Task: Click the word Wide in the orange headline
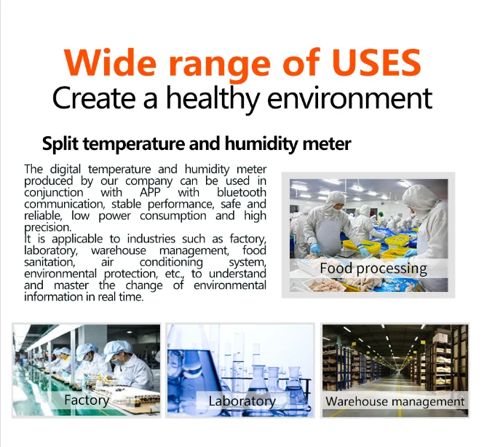(111, 63)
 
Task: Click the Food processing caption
(373, 268)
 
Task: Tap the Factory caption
(86, 400)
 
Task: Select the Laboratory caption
(242, 401)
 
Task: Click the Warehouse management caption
(395, 401)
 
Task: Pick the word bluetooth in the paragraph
(241, 192)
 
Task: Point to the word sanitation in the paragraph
(49, 262)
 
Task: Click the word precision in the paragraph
(52, 227)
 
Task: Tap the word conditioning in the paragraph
(171, 262)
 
